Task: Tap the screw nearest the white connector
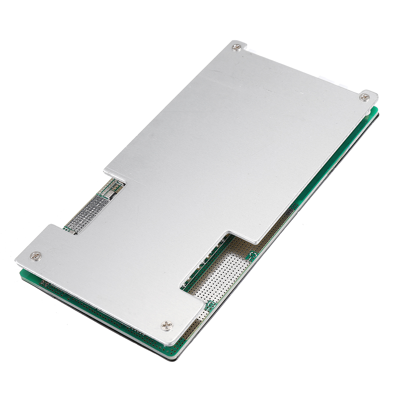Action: (x=364, y=97)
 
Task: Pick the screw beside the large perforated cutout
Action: (x=167, y=326)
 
